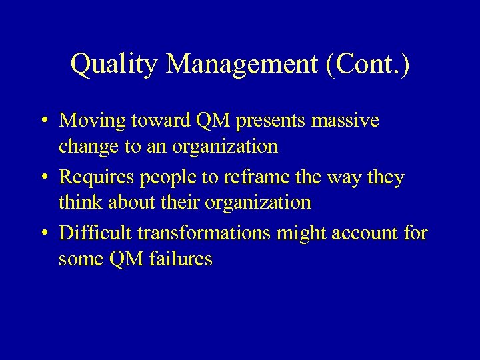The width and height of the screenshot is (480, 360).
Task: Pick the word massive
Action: [x=345, y=121]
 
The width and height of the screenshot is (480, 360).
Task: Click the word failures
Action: [x=181, y=258]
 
